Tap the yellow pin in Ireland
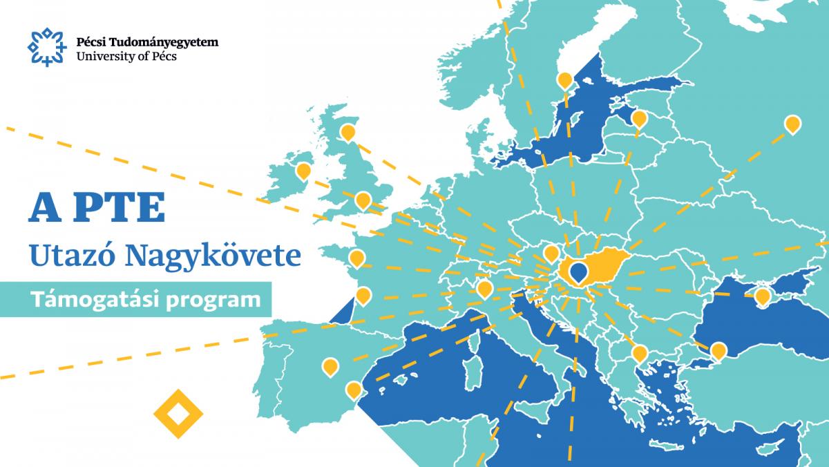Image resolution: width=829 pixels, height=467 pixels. pyautogui.click(x=303, y=171)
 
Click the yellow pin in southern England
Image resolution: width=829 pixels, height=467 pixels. pyautogui.click(x=363, y=200)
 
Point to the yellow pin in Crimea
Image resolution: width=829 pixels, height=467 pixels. pyautogui.click(x=763, y=296)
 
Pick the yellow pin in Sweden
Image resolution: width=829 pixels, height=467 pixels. pyautogui.click(x=565, y=81)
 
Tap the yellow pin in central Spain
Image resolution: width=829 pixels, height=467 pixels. pyautogui.click(x=330, y=366)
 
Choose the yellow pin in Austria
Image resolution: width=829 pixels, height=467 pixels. pyautogui.click(x=551, y=253)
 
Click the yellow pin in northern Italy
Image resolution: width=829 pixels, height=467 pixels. pyautogui.click(x=484, y=288)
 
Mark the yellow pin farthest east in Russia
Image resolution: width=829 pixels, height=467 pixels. pyautogui.click(x=792, y=124)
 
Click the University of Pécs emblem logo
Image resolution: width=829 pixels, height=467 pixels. pyautogui.click(x=44, y=47)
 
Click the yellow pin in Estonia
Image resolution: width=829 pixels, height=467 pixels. pyautogui.click(x=639, y=119)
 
